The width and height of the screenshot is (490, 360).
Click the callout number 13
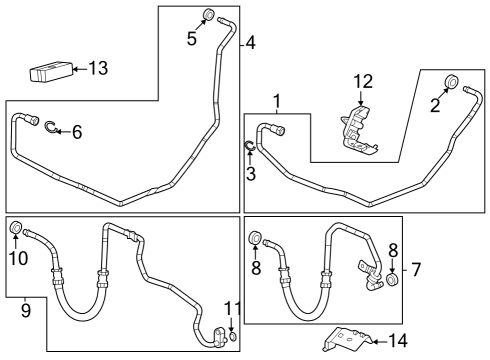(97, 69)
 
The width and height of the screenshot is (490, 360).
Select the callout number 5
(191, 39)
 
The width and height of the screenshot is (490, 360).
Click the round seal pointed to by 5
(209, 14)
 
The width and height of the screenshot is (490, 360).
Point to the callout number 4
(251, 43)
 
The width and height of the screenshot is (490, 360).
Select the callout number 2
(435, 107)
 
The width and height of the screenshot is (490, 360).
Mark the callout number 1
(277, 101)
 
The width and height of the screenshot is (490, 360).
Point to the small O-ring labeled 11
(232, 337)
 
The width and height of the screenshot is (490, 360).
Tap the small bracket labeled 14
(345, 340)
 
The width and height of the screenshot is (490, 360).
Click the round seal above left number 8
(254, 238)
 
